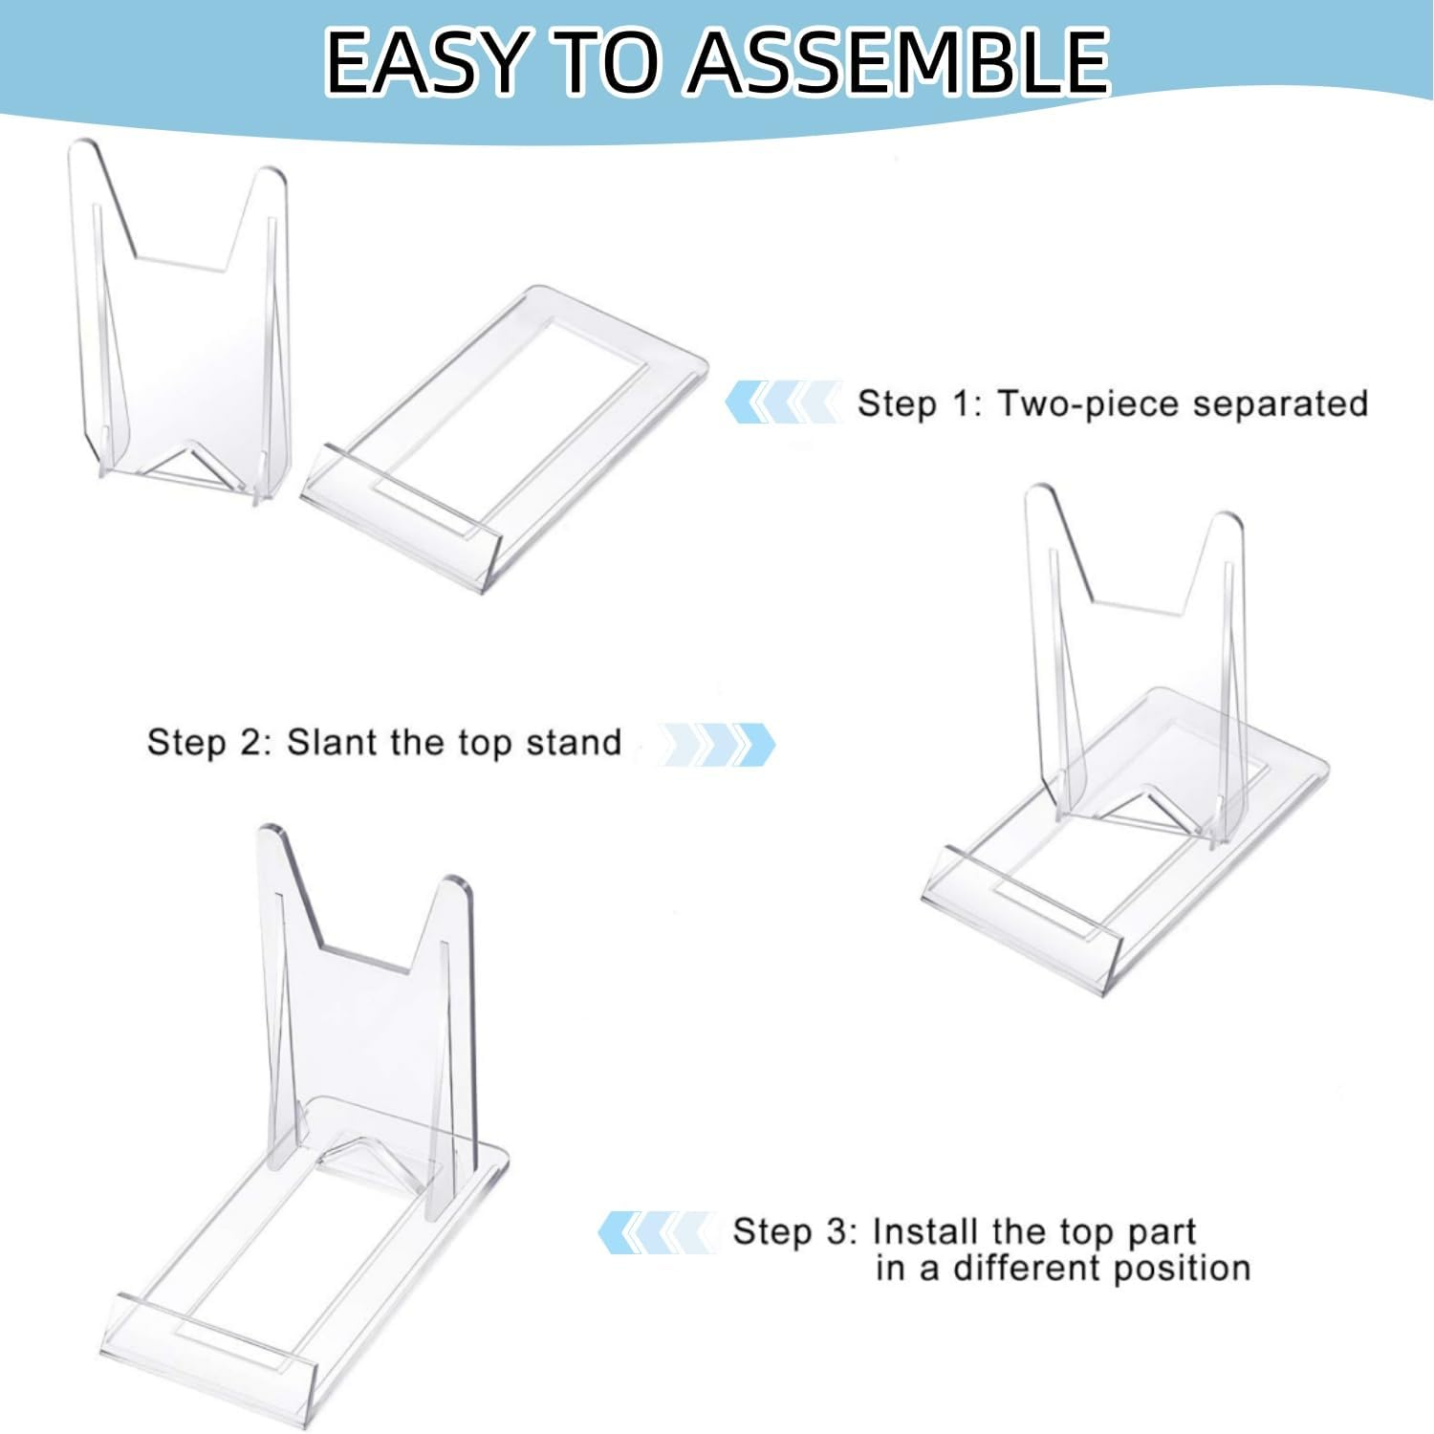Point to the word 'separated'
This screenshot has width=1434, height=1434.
pyautogui.click(x=1280, y=403)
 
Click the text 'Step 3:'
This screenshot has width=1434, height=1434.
pyautogui.click(x=794, y=1231)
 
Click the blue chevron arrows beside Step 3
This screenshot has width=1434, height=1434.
pyautogui.click(x=655, y=1232)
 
